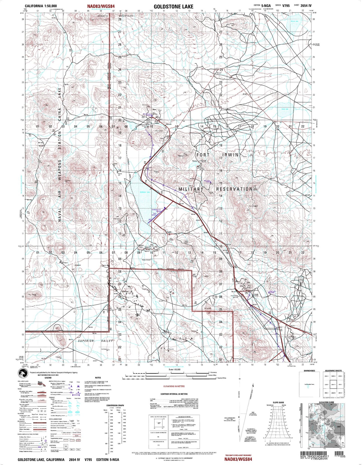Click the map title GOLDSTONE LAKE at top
(173, 7)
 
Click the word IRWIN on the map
(230, 155)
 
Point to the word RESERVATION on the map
(234, 189)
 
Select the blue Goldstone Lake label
(145, 192)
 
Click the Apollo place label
(169, 232)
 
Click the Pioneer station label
(195, 161)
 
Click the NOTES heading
(98, 378)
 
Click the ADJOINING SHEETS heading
(333, 371)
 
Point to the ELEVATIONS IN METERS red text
(174, 386)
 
